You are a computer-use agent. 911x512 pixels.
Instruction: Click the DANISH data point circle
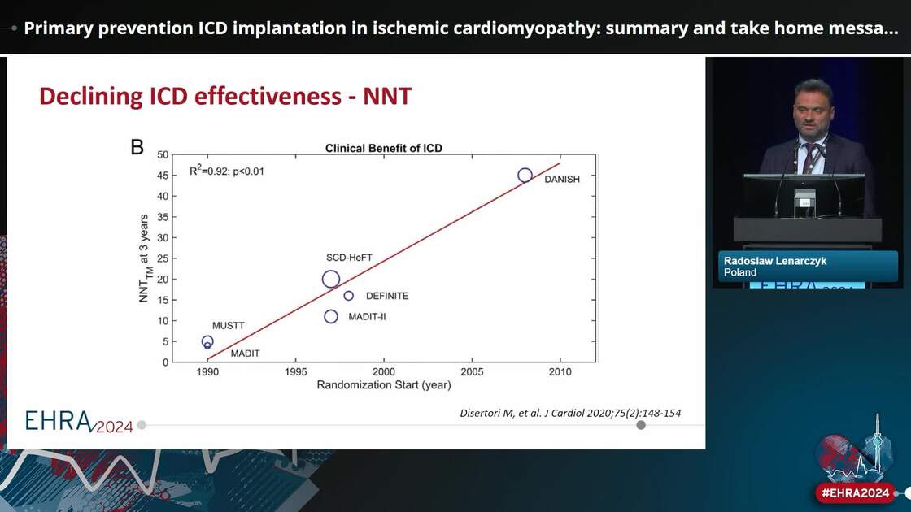tap(525, 176)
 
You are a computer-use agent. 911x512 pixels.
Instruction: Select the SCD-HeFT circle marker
tap(330, 280)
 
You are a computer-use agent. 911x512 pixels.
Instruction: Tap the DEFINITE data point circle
tap(349, 296)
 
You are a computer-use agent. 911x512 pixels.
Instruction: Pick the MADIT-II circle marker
tap(330, 316)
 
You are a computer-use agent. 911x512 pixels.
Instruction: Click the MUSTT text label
tap(228, 326)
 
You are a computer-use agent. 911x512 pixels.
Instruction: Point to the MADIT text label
tap(246, 354)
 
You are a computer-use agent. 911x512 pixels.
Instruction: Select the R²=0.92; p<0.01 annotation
tap(226, 171)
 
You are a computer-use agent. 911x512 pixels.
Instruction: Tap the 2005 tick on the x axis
tap(472, 371)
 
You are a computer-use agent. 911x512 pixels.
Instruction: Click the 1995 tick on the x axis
tap(295, 371)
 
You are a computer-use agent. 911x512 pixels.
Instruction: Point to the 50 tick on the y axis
tap(163, 154)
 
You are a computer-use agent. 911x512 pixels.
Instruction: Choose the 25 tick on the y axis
tap(163, 258)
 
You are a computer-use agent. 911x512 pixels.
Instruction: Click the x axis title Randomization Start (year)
tap(383, 385)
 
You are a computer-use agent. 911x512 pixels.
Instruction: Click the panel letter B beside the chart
tap(137, 147)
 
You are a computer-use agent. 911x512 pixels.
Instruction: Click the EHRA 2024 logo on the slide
tap(79, 422)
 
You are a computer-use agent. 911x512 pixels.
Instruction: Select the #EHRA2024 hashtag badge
tap(855, 492)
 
